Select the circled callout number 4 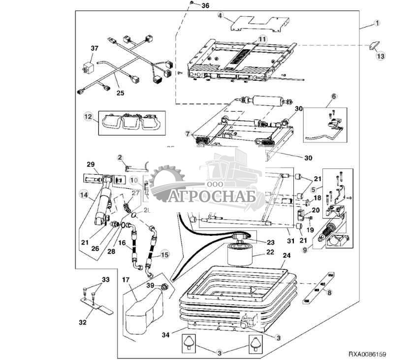click(x=221, y=15)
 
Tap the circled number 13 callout click(x=380, y=56)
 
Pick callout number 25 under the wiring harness click(x=120, y=92)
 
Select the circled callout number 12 click(x=89, y=117)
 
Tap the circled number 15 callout click(x=164, y=256)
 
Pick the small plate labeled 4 click(x=258, y=22)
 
